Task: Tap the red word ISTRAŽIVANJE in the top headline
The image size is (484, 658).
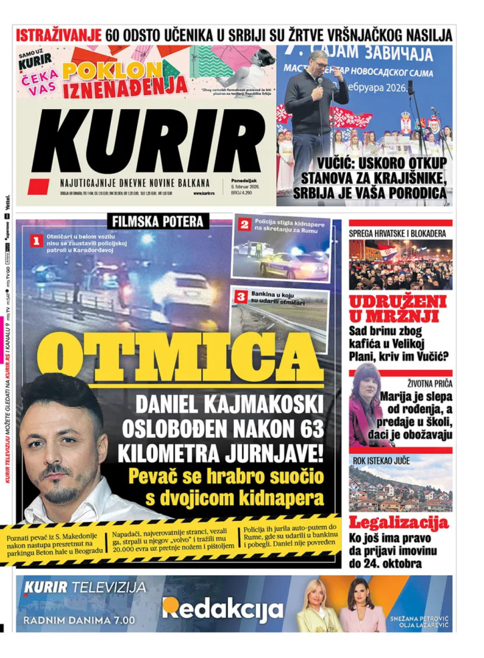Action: [x=59, y=35]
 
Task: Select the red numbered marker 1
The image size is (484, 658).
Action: [x=36, y=241]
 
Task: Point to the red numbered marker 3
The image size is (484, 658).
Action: [x=241, y=296]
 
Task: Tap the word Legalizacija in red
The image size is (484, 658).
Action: [x=399, y=522]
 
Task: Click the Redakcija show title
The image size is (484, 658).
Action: [x=223, y=609]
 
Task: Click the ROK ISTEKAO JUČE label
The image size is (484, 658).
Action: [x=381, y=461]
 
